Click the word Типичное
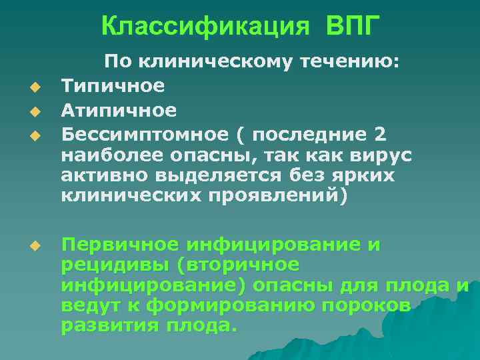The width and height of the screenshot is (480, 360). coord(113,86)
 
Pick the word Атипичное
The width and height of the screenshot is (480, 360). coord(119,109)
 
